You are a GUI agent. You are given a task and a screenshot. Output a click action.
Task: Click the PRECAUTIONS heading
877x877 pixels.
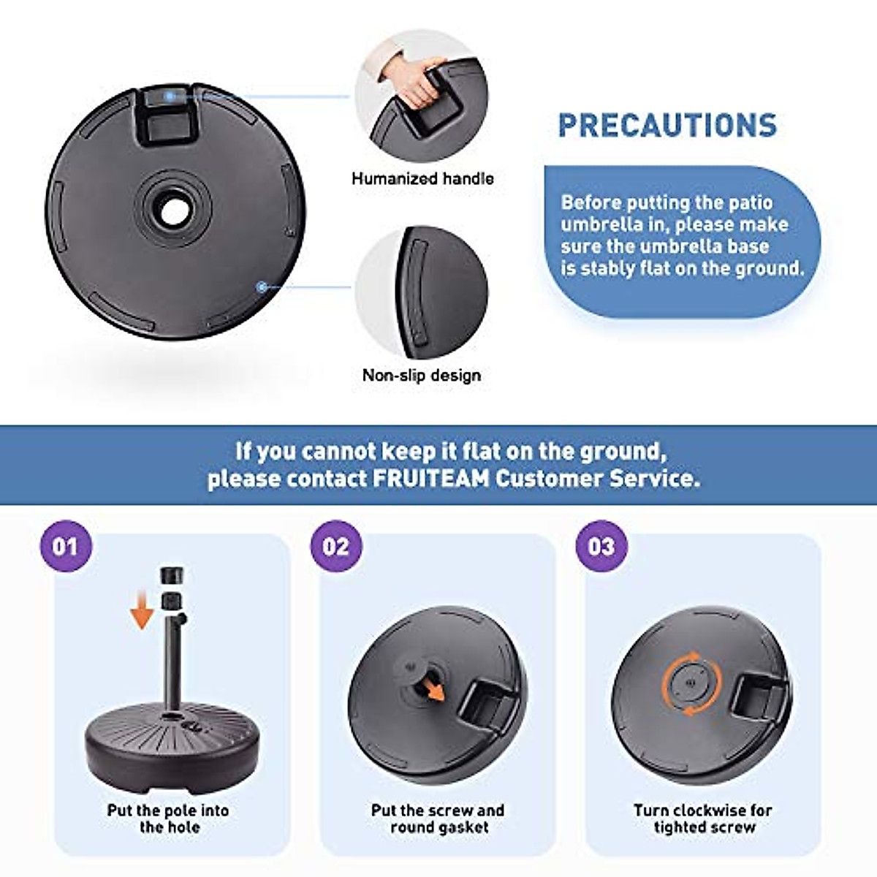click(x=667, y=125)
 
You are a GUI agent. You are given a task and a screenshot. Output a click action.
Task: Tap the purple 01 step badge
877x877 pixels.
click(x=66, y=547)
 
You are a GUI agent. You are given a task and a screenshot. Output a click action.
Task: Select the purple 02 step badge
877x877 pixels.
click(x=335, y=547)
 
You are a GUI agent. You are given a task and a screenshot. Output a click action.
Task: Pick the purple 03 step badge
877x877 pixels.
click(x=601, y=547)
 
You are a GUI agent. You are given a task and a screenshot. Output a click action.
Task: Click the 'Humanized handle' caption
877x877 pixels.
click(x=422, y=178)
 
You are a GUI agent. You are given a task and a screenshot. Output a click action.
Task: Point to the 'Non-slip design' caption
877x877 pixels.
click(x=422, y=375)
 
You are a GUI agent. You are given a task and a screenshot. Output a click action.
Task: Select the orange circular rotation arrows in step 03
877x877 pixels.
click(x=691, y=684)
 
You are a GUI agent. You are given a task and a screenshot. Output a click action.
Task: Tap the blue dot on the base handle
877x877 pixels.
click(x=170, y=96)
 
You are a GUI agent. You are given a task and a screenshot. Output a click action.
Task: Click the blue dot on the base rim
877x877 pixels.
click(x=261, y=287)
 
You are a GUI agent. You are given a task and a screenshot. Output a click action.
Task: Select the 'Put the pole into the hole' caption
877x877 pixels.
click(x=169, y=819)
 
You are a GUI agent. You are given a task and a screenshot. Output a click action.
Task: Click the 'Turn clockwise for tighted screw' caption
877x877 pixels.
click(x=703, y=819)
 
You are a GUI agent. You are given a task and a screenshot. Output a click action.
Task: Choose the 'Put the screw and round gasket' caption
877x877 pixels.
click(x=438, y=819)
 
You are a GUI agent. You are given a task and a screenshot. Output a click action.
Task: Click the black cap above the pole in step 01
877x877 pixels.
click(x=172, y=574)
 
